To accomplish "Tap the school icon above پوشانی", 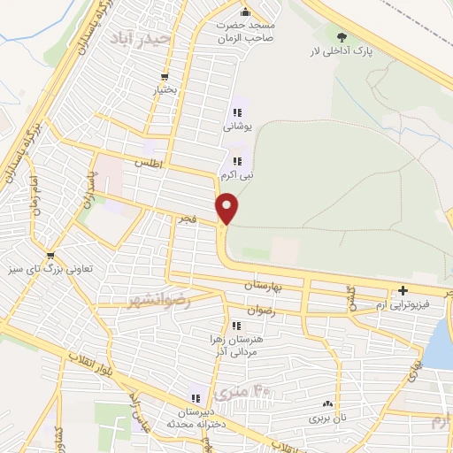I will tap(236, 112).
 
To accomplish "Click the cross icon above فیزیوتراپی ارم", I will tap(403, 290).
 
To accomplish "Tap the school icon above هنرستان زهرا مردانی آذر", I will tap(235, 326).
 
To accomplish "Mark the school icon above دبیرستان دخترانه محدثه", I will tap(196, 399).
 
